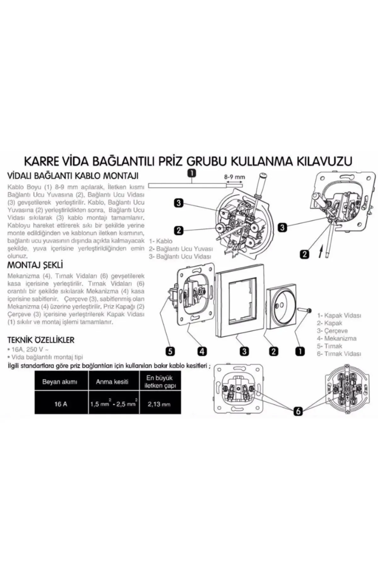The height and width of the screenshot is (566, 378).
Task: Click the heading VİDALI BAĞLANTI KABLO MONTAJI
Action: pyautogui.click(x=73, y=175)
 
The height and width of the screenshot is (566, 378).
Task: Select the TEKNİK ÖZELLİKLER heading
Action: pyautogui.click(x=41, y=340)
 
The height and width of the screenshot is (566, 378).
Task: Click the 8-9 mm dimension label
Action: pyautogui.click(x=234, y=177)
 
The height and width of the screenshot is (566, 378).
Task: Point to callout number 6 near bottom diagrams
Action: pyautogui.click(x=298, y=411)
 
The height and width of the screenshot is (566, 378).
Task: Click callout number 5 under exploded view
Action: pyautogui.click(x=170, y=351)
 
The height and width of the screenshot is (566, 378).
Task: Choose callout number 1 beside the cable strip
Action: pyautogui.click(x=192, y=173)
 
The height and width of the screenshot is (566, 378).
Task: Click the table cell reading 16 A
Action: pyautogui.click(x=61, y=404)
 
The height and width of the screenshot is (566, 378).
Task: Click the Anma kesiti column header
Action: pyautogui.click(x=112, y=382)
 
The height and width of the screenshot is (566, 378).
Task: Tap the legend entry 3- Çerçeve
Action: pyautogui.click(x=332, y=331)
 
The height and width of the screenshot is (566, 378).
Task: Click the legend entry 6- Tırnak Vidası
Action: pyautogui.click(x=339, y=354)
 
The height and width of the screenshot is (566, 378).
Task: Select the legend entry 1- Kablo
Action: pyautogui.click(x=161, y=241)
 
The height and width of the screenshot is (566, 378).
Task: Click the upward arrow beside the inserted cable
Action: pyautogui.click(x=321, y=252)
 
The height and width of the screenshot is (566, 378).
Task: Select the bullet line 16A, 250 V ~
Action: pyautogui.click(x=28, y=349)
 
